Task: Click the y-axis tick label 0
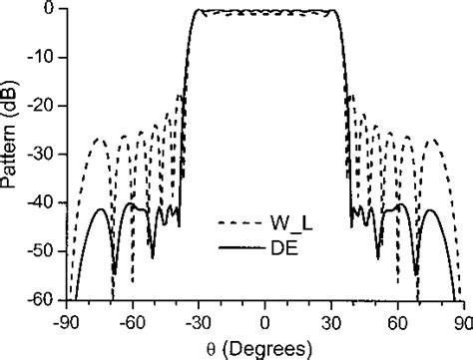click(53, 10)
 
